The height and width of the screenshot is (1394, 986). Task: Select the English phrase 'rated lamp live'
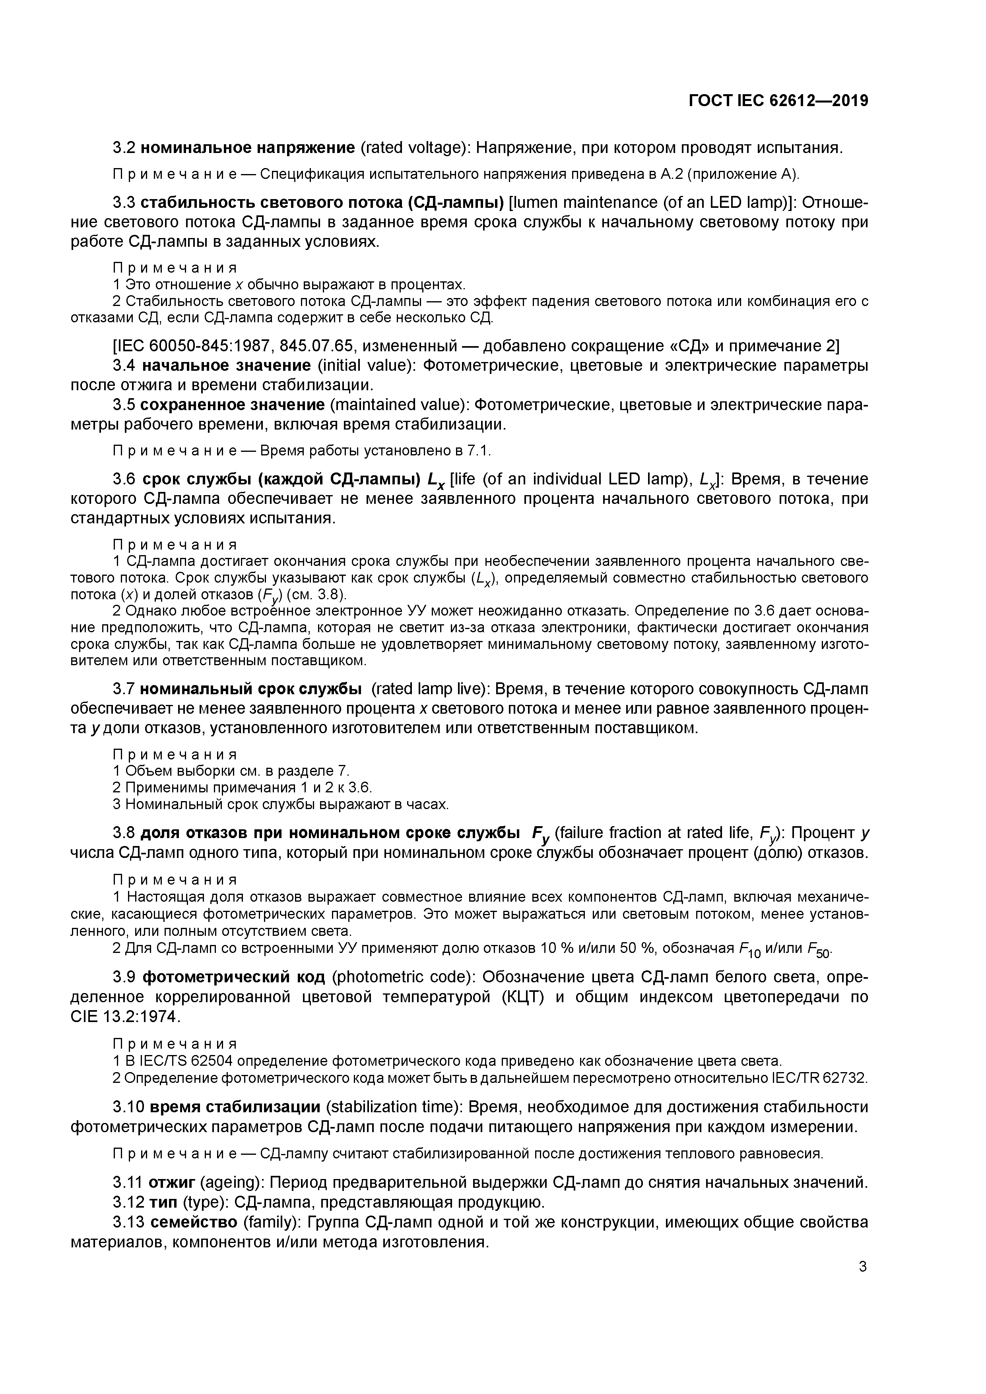tap(427, 689)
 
